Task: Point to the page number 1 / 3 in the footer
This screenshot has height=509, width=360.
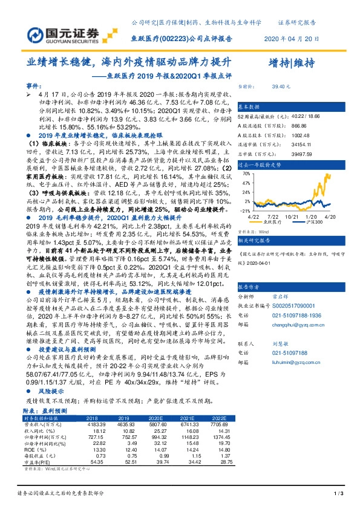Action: click(x=339, y=494)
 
